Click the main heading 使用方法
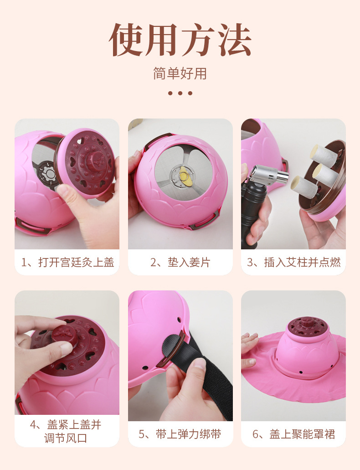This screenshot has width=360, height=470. click(x=180, y=40)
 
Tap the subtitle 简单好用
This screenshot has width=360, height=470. click(x=180, y=73)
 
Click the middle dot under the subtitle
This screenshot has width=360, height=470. click(x=180, y=93)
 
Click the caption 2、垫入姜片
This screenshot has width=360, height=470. click(x=180, y=262)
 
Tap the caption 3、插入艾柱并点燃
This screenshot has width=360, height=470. click(x=293, y=262)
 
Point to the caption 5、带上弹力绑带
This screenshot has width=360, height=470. click(x=180, y=434)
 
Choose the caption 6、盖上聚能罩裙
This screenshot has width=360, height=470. click(x=293, y=434)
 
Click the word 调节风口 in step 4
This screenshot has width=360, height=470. click(x=66, y=438)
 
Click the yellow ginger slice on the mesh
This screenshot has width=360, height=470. click(x=184, y=176)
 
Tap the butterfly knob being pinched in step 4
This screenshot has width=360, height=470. click(x=63, y=333)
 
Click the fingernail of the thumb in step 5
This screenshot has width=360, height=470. click(x=199, y=363)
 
